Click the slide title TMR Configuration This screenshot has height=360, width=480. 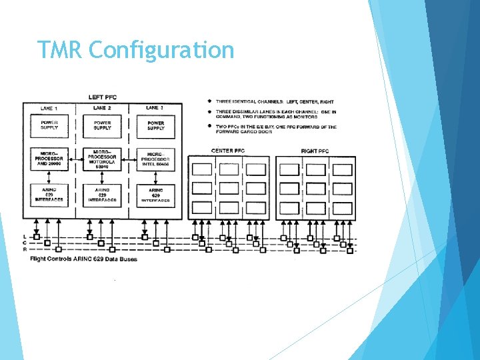pos(136,50)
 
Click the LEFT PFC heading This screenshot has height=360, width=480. pos(102,97)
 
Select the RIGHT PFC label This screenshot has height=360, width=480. pos(315,151)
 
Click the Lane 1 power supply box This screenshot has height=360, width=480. pos(49,125)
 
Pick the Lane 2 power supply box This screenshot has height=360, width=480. pos(102,125)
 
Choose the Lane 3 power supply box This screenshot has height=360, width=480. pos(155,125)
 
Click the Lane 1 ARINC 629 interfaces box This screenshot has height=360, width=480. pos(49,194)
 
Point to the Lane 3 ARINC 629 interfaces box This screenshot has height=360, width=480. pos(155,194)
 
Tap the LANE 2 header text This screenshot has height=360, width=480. pos(101,107)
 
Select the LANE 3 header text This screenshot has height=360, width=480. pos(155,107)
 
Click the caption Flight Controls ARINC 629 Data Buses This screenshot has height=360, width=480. pos(83,259)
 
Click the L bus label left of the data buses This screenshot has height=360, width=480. pos(25,237)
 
